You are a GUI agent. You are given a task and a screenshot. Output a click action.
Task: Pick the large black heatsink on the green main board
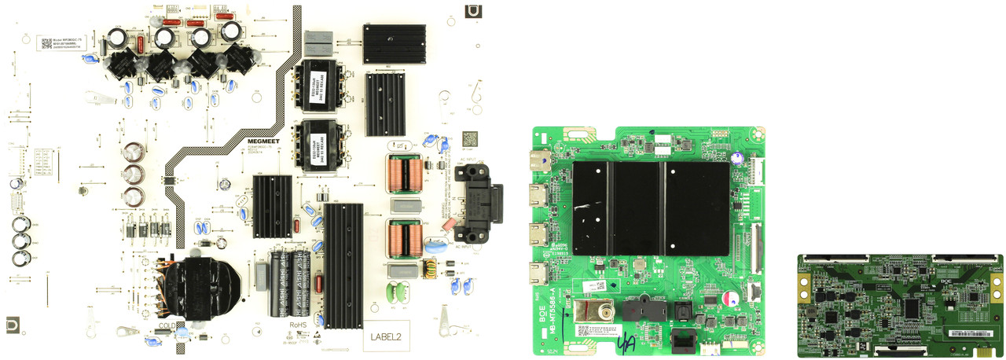[640, 208]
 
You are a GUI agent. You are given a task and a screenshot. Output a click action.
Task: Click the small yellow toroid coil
[431, 270]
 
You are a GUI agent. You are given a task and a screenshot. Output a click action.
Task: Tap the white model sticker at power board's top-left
[67, 45]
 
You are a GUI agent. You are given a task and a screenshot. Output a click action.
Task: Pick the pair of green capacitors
[400, 293]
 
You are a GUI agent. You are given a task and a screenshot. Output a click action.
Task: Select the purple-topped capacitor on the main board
[732, 299]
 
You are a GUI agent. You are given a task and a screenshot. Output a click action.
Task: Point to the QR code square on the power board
[469, 138]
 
